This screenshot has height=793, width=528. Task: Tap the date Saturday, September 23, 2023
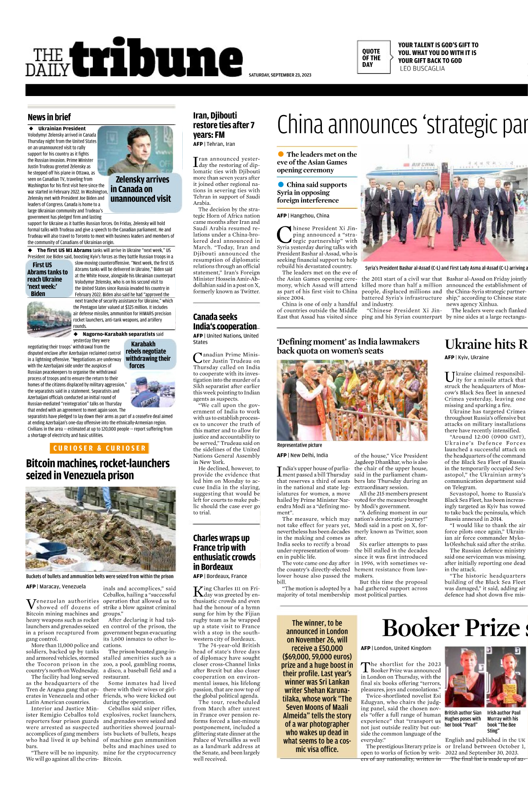[280, 75]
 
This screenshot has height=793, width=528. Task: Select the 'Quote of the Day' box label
[371, 58]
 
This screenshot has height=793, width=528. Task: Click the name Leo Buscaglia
[422, 69]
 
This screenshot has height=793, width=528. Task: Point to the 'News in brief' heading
[49, 117]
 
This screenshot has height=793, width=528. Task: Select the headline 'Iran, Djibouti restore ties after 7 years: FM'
[224, 125]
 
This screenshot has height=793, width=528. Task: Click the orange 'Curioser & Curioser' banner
[99, 448]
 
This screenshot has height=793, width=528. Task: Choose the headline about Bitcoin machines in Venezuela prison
[98, 469]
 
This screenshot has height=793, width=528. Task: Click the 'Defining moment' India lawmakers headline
[348, 346]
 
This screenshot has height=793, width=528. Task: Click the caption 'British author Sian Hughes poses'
[463, 719]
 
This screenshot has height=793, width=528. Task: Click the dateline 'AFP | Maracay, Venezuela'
[55, 586]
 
